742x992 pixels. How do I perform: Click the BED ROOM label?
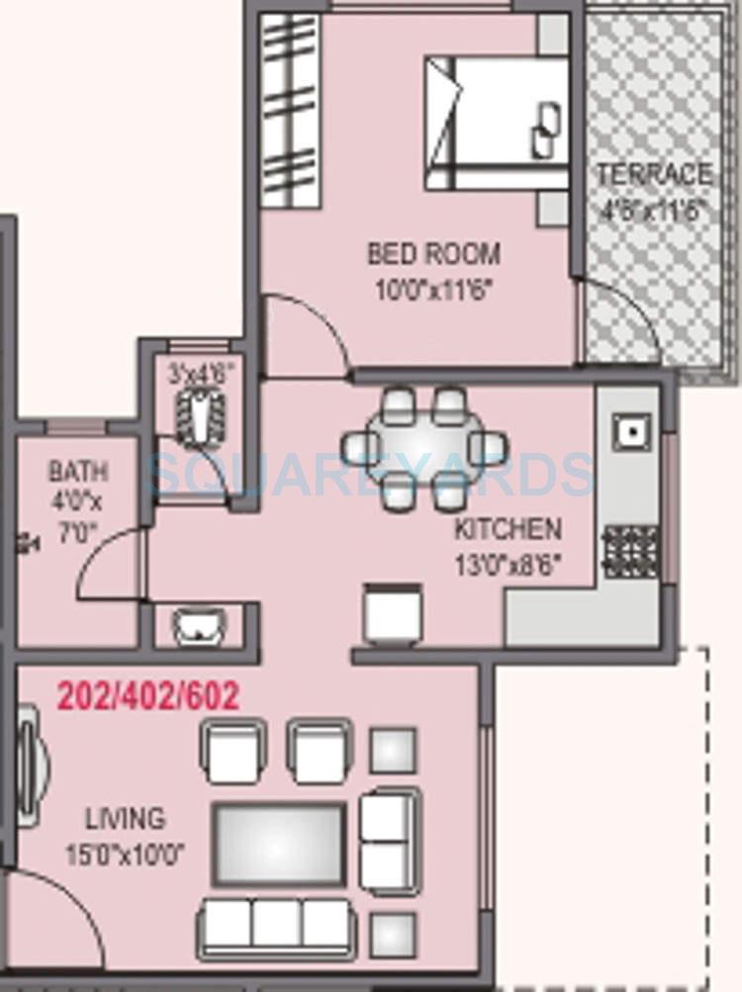tap(433, 254)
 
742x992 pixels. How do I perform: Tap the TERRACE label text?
tap(654, 175)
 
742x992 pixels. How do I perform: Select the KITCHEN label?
tap(508, 529)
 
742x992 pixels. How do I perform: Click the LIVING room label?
tap(125, 819)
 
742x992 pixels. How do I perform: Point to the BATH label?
tap(78, 472)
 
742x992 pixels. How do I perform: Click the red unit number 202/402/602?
tap(147, 696)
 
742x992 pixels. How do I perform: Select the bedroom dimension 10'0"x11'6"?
tap(433, 289)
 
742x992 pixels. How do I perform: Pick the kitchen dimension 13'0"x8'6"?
tap(508, 565)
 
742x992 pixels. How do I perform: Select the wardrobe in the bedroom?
tap(291, 110)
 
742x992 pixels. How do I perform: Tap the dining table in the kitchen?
tap(423, 448)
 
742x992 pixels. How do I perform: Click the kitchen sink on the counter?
tap(629, 430)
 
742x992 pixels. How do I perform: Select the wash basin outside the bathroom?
tap(198, 626)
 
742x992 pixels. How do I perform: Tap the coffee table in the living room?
tap(280, 843)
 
